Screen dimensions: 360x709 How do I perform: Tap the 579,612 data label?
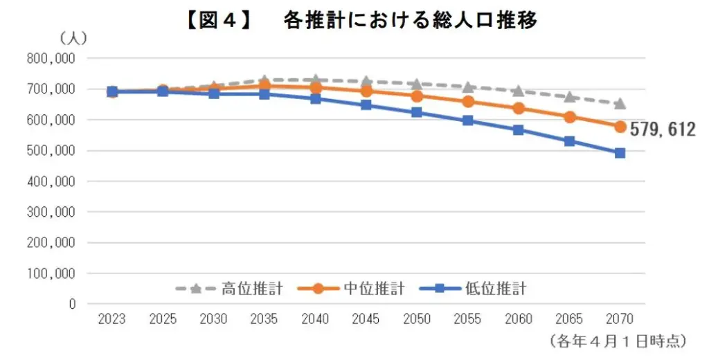(x=663, y=129)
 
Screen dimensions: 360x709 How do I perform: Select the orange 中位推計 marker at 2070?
(x=620, y=127)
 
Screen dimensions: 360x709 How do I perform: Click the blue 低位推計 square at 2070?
(x=620, y=153)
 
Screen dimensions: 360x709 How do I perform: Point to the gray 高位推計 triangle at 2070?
(x=620, y=104)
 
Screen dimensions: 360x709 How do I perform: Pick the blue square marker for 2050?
(x=417, y=112)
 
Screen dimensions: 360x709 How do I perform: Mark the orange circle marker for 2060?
(x=519, y=108)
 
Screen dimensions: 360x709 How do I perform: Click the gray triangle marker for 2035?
(x=264, y=81)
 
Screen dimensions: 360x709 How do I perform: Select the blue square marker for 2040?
(x=316, y=98)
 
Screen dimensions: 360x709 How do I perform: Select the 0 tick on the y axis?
(x=71, y=304)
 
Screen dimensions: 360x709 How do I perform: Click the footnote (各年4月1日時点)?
(x=617, y=341)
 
